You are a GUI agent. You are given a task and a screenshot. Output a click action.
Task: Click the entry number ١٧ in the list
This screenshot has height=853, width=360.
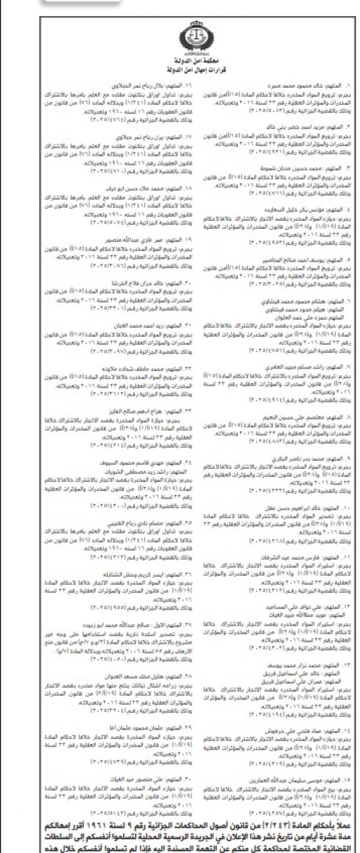tap(188, 137)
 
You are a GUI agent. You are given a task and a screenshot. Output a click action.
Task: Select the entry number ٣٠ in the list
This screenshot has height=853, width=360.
tap(188, 779)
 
